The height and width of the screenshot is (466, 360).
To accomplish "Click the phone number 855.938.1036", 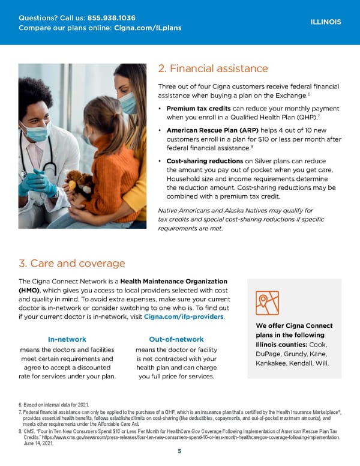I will tap(111, 17).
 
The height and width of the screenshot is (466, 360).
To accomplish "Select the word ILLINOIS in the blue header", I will tap(326, 22).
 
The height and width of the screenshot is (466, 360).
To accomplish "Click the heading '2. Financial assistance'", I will tap(212, 68).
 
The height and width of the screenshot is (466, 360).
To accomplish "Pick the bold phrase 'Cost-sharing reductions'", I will tap(205, 162).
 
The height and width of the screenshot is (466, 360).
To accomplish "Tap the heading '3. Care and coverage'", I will tap(72, 263).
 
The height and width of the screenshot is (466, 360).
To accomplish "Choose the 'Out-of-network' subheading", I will tap(176, 339).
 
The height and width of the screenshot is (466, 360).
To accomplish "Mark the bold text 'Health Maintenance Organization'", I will tap(173, 281).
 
